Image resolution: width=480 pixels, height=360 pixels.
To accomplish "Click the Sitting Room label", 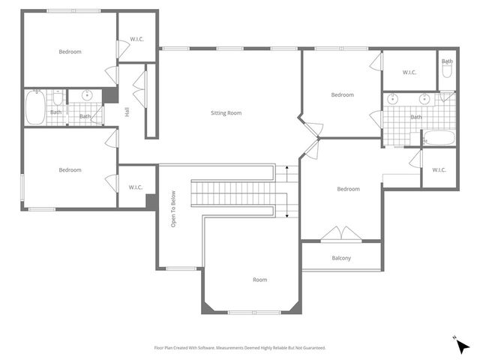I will (226, 113).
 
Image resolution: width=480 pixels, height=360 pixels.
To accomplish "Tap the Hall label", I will (127, 112).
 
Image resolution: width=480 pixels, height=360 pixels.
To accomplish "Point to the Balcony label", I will (341, 259).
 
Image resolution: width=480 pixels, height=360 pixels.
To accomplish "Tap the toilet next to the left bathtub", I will (57, 97).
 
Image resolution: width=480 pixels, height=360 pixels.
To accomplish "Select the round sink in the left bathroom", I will (87, 95).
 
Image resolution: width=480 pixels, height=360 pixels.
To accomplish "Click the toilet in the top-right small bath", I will (447, 71).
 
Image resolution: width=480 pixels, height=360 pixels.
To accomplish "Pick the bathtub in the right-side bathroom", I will (439, 138).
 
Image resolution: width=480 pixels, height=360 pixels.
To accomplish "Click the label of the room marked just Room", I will (259, 280).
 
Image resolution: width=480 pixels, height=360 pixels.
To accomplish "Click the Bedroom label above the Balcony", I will (348, 189).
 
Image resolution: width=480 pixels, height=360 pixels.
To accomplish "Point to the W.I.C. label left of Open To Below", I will (136, 187).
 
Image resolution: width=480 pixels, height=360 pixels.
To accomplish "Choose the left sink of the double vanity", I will (393, 97).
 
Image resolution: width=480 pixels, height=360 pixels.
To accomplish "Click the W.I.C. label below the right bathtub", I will (439, 169).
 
